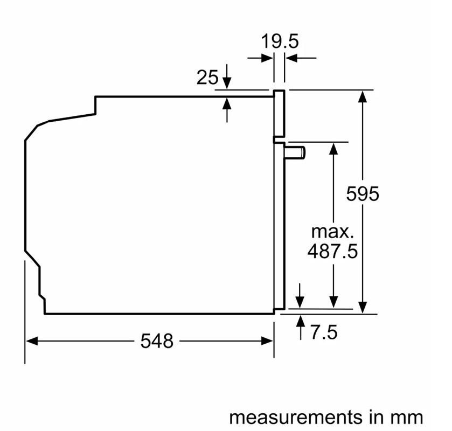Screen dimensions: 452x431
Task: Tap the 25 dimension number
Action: tap(207, 77)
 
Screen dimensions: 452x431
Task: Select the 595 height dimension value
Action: tap(363, 194)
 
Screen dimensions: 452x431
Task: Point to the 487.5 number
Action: tap(332, 251)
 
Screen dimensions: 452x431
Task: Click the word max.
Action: tap(332, 232)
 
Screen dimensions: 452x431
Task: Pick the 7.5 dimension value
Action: tap(324, 332)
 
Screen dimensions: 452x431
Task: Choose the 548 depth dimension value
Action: tap(157, 341)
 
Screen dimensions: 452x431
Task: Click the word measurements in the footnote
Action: tap(296, 417)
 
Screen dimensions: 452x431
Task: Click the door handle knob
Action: tap(295, 152)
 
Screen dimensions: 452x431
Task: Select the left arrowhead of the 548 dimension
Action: tap(32, 341)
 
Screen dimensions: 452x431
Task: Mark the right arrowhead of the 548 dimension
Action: tap(267, 341)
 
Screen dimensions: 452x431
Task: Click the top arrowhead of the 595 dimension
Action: tap(363, 96)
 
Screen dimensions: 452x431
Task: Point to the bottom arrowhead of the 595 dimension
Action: tap(363, 307)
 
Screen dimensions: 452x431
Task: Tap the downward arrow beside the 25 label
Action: tap(227, 77)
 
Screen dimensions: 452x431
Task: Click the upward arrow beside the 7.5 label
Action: tap(301, 328)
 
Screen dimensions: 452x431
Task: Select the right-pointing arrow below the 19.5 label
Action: tap(260, 58)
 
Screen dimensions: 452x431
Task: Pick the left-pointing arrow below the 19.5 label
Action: tap(301, 58)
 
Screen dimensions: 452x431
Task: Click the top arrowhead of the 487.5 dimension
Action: tap(333, 149)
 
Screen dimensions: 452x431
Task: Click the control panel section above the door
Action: tap(279, 114)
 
